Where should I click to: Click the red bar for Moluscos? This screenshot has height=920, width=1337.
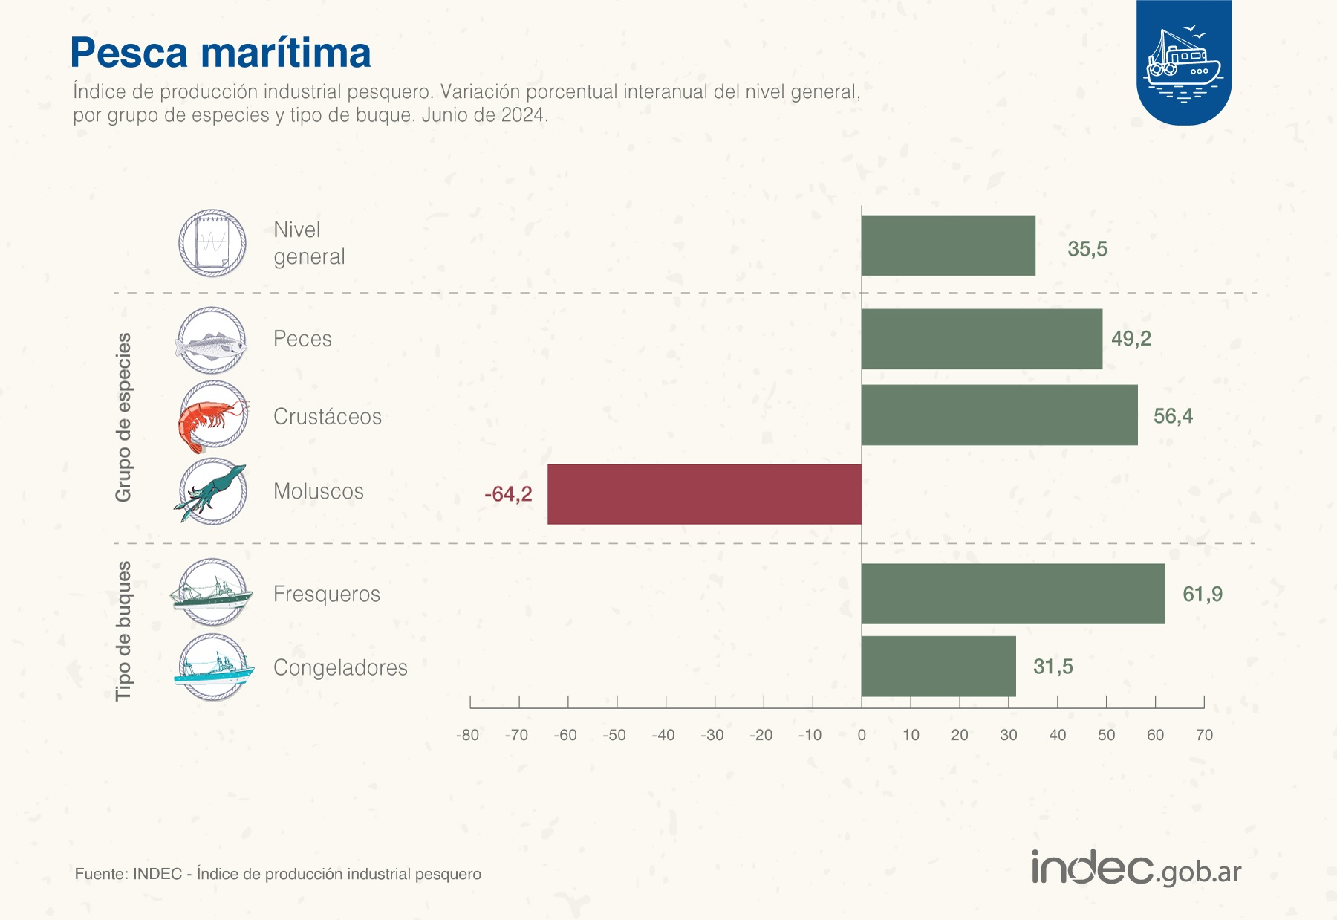(x=704, y=494)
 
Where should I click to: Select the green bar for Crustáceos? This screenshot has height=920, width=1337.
(x=999, y=415)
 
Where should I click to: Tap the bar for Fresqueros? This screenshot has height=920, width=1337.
(x=1012, y=593)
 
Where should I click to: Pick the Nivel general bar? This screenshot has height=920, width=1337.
(x=948, y=245)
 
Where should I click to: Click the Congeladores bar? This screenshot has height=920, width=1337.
(x=938, y=666)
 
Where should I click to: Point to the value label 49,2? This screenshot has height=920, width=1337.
(x=1131, y=339)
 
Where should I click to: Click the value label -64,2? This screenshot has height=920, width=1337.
(x=508, y=494)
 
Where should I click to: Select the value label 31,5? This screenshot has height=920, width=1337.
(x=1053, y=667)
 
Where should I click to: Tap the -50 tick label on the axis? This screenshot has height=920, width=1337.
(x=614, y=735)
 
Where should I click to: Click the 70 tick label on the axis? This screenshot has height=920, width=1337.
(x=1203, y=735)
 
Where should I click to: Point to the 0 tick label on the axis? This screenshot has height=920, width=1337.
(x=862, y=735)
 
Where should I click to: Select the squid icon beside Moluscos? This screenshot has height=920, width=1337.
(x=212, y=491)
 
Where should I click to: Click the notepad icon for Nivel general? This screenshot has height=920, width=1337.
(x=212, y=243)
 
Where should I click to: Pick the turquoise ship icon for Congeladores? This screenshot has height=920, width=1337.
(x=214, y=667)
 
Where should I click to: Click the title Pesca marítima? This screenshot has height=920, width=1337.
(x=221, y=53)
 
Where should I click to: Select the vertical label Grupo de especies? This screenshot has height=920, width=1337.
(x=123, y=417)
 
